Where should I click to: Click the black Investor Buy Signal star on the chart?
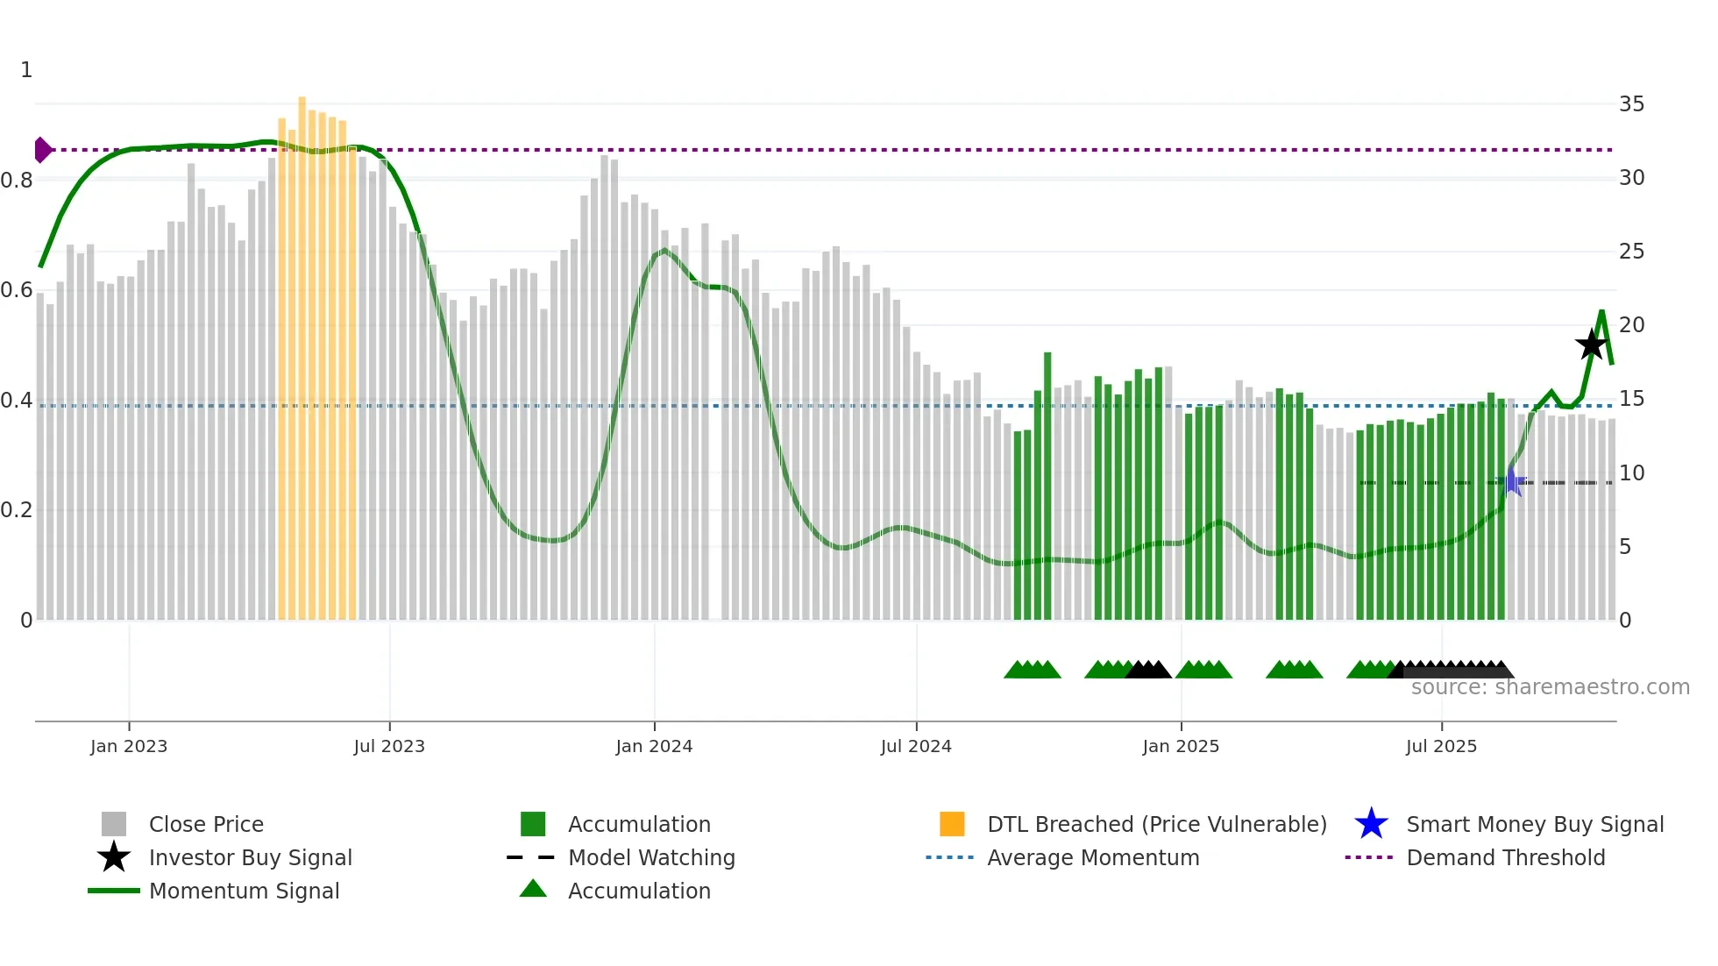[1591, 344]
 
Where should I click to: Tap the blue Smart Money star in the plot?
[1511, 482]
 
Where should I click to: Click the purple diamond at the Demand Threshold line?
[41, 150]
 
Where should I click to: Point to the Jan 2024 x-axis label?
[654, 746]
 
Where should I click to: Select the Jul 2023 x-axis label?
[389, 746]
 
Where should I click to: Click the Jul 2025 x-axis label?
[1441, 746]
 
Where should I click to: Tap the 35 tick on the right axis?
[1631, 104]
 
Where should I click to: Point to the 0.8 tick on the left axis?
[17, 181]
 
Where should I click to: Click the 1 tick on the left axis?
[26, 70]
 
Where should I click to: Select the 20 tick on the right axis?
[1631, 325]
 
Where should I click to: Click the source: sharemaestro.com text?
[1550, 687]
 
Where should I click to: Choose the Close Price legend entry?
[206, 824]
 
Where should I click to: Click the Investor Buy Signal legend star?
[114, 857]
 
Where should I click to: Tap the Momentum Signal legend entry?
[244, 891]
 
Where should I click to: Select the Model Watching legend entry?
[651, 857]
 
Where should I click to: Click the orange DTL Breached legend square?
[952, 824]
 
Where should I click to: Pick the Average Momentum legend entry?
[1093, 857]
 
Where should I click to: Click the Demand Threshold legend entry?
[1505, 857]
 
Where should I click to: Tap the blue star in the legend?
[1371, 824]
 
